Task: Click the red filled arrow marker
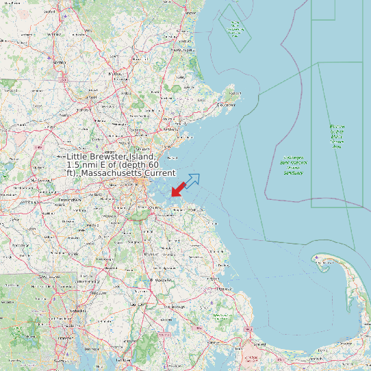point(177,189)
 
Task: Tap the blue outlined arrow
point(193,181)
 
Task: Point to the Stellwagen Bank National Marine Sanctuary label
point(294,164)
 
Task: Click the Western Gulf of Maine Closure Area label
point(336,136)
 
